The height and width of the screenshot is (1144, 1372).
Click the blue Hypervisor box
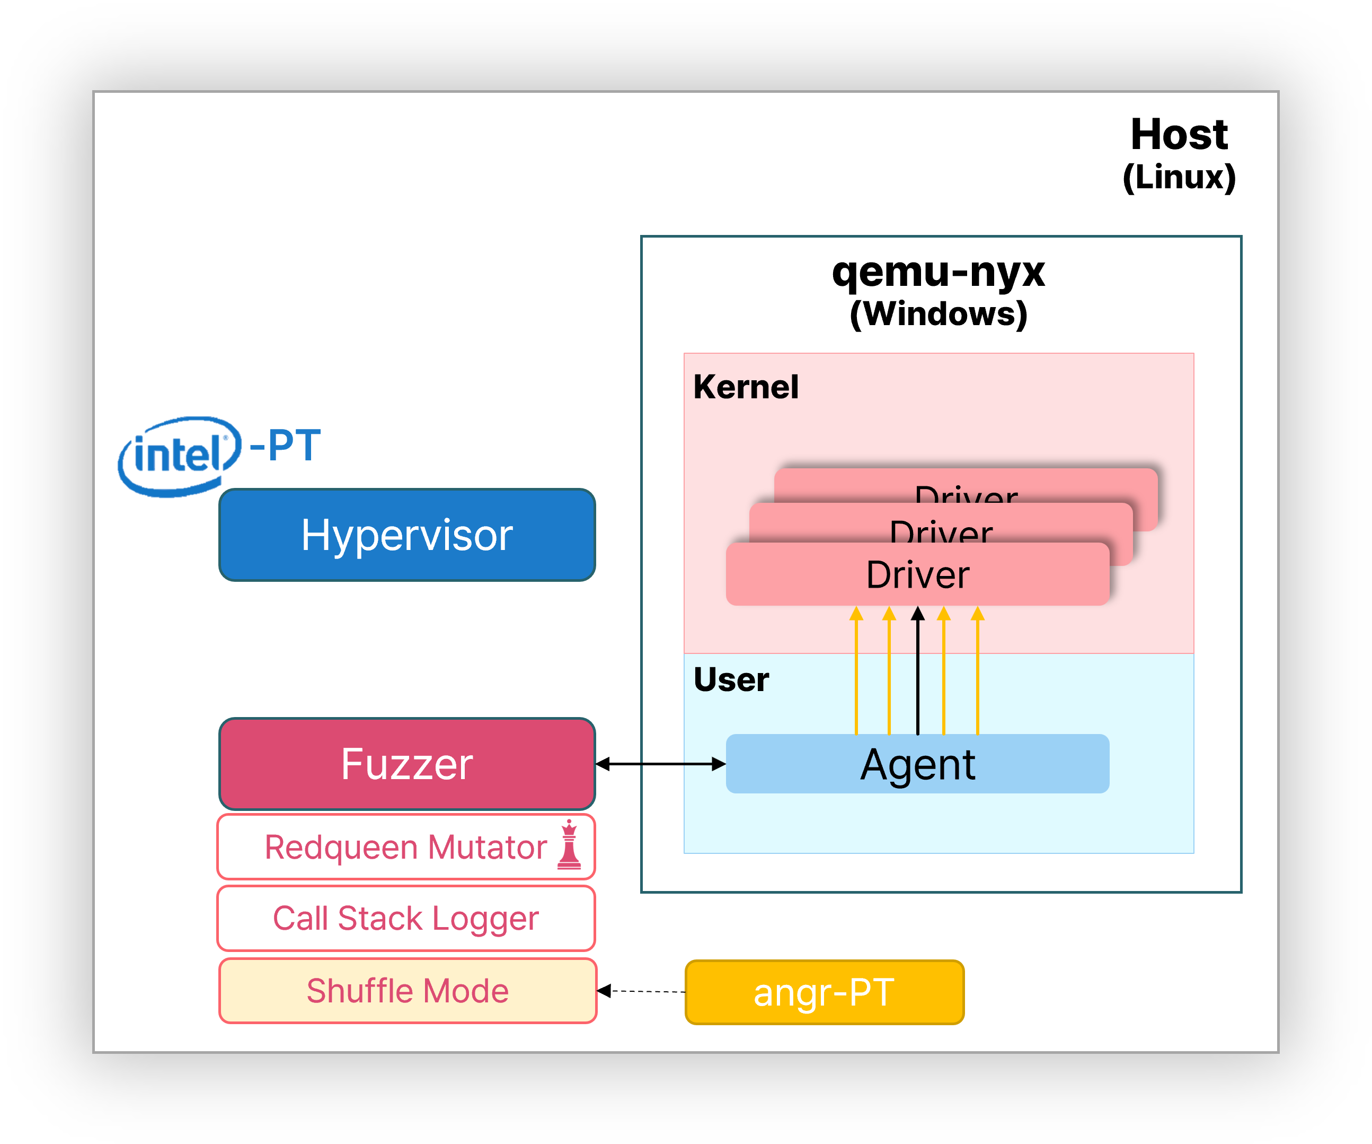click(x=407, y=535)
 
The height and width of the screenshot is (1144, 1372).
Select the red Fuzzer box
click(x=407, y=764)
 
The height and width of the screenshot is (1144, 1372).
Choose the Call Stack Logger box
click(x=406, y=919)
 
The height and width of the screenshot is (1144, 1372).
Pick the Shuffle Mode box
click(x=407, y=990)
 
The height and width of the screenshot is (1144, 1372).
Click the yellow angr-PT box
click(x=825, y=992)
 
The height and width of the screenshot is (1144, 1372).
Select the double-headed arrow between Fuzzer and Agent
click(x=660, y=764)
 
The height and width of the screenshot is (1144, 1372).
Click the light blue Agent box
click(x=917, y=764)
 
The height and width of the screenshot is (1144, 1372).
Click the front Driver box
click(x=917, y=574)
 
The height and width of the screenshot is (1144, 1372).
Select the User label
click(x=731, y=679)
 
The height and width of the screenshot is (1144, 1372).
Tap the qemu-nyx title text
click(x=938, y=272)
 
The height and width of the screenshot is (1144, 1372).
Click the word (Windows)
click(x=938, y=314)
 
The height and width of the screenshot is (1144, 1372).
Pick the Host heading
click(x=1179, y=134)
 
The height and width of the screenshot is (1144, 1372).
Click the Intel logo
click(x=179, y=456)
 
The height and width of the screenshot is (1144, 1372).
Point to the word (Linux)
click(x=1179, y=177)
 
